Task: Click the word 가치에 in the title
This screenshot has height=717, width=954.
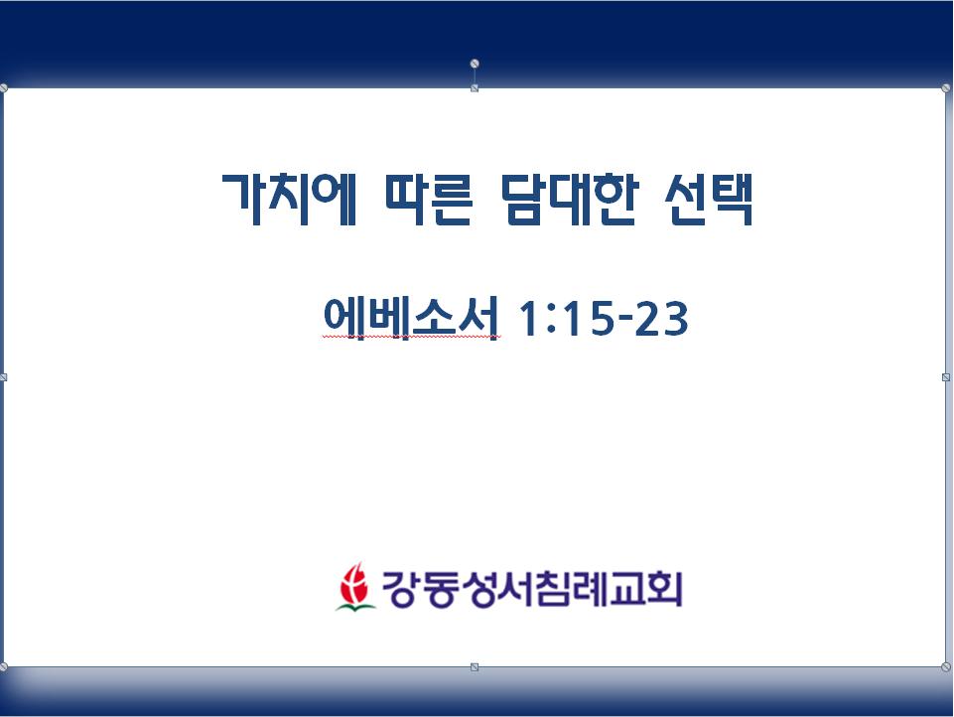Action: [289, 199]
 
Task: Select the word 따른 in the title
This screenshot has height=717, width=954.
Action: [429, 199]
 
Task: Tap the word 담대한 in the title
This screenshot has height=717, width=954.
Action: [570, 199]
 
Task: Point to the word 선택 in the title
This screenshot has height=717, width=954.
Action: [710, 199]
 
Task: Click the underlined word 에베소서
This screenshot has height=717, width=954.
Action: [411, 317]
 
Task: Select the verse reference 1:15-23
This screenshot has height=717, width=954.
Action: [603, 318]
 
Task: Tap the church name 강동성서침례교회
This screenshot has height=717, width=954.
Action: [532, 589]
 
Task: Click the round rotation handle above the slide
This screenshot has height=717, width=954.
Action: [475, 64]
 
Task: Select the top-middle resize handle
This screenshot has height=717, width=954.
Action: [475, 88]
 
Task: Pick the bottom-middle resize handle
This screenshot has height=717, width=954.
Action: [475, 667]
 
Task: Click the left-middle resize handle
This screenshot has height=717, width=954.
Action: [3, 377]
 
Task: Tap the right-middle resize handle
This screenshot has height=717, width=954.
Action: [946, 377]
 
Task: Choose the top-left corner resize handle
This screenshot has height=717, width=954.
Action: [3, 88]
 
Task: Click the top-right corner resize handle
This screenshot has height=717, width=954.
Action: [946, 88]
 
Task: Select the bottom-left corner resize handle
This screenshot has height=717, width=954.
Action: [3, 667]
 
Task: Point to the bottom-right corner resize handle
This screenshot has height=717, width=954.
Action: [946, 667]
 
